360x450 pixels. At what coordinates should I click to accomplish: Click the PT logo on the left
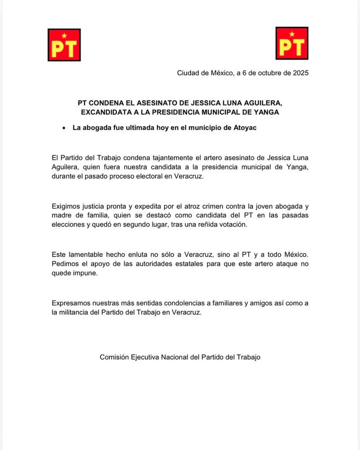[64, 45]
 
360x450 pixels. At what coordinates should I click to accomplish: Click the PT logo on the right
[292, 44]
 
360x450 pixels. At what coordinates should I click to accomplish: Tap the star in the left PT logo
[64, 35]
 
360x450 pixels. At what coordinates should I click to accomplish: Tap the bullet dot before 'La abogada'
[63, 128]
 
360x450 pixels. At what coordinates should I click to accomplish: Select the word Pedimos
[65, 264]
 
